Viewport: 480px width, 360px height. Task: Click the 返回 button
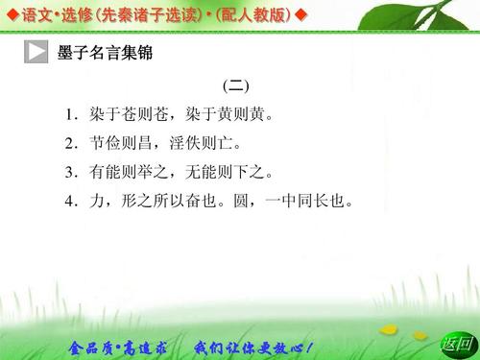[456, 344]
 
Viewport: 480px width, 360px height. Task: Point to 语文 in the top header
[34, 15]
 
